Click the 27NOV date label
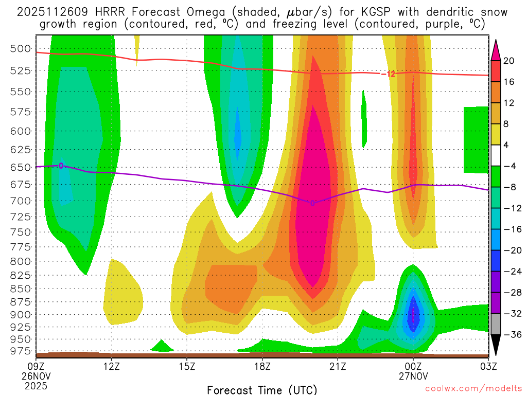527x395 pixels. (x=413, y=375)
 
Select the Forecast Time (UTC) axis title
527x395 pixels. (x=262, y=389)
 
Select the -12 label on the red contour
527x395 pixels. (x=388, y=74)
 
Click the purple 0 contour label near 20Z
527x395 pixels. (x=312, y=203)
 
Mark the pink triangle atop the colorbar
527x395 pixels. (x=496, y=48)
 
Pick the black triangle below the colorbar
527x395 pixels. (x=496, y=346)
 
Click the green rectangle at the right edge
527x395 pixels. (x=476, y=139)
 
